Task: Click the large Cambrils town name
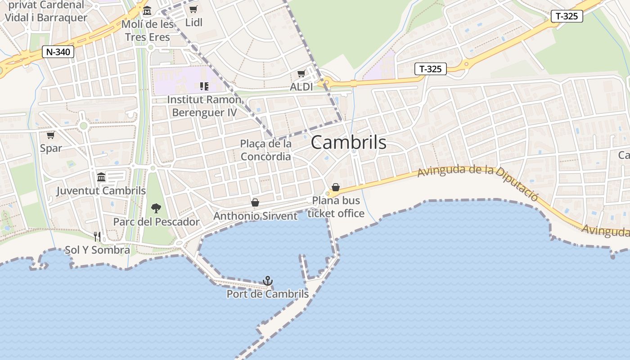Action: click(348, 143)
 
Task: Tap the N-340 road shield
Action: click(58, 52)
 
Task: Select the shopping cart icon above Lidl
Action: click(193, 9)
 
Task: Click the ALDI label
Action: click(301, 87)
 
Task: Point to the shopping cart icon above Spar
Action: click(51, 135)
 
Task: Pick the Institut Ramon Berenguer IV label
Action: click(204, 106)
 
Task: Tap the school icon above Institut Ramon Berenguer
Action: click(204, 85)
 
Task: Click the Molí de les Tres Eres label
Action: click(148, 31)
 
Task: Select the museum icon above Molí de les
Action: click(147, 10)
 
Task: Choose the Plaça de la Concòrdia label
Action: click(265, 150)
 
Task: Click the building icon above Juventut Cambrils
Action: click(101, 177)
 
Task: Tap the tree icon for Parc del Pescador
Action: click(156, 208)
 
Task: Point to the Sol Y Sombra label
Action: click(98, 250)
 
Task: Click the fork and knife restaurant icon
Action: click(97, 236)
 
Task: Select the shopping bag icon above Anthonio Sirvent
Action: click(255, 202)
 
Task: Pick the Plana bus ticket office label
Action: click(336, 207)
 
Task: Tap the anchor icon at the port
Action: click(268, 281)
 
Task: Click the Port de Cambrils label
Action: click(268, 294)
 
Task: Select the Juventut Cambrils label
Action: click(101, 191)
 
